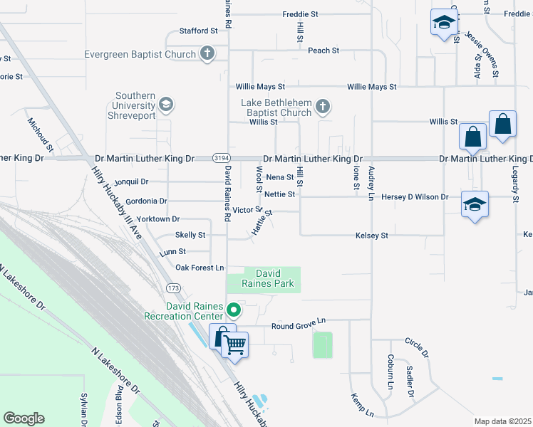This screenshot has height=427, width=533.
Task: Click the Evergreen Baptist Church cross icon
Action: [x=207, y=54]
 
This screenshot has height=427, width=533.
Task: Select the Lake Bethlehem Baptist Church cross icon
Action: [x=322, y=107]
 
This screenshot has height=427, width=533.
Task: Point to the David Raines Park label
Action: [x=264, y=279]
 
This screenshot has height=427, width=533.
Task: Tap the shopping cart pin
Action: [x=234, y=345]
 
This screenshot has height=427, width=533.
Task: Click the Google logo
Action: [x=24, y=418]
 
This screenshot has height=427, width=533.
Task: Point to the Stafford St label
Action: [x=198, y=31]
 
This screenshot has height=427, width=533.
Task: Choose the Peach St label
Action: [x=324, y=51]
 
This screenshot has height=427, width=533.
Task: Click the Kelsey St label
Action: [x=371, y=235]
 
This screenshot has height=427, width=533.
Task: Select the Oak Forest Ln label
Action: [x=200, y=268]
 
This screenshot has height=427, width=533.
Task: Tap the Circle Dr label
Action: [x=417, y=348]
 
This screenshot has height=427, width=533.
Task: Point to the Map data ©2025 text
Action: [x=502, y=421]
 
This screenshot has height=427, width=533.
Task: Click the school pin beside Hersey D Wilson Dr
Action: [x=475, y=205]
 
